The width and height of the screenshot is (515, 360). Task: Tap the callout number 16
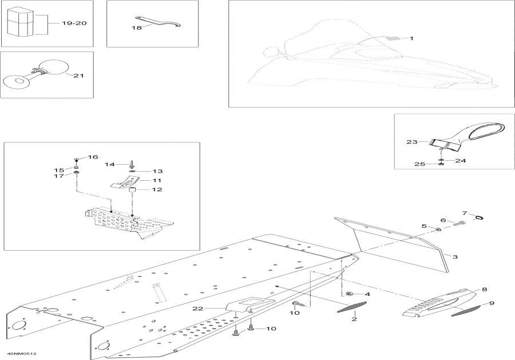[93, 157]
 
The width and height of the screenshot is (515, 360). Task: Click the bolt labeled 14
[132, 165]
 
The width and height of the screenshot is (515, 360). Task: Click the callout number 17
[59, 176]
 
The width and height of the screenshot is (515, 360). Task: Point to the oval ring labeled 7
[480, 216]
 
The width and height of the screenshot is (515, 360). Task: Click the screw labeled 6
[459, 224]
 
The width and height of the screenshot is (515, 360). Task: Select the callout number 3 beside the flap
[455, 257]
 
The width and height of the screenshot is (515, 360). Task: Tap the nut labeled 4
[348, 294]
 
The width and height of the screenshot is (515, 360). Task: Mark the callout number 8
[484, 290]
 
